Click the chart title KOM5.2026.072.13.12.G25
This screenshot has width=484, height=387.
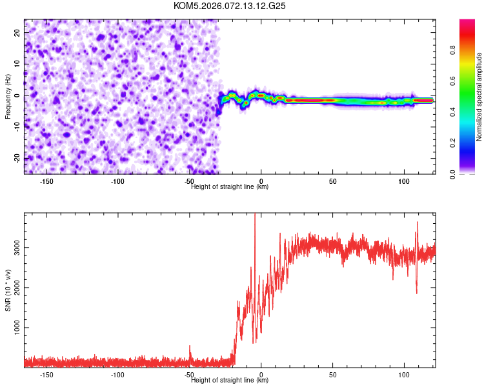[x=230, y=6]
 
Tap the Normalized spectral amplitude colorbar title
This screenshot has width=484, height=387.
[x=479, y=97]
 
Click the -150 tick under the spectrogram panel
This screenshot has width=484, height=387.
[x=46, y=181]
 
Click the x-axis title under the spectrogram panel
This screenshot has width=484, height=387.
[x=230, y=186]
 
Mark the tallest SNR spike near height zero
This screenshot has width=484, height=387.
[x=255, y=215]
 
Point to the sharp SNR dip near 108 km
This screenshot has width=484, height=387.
[x=416, y=292]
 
